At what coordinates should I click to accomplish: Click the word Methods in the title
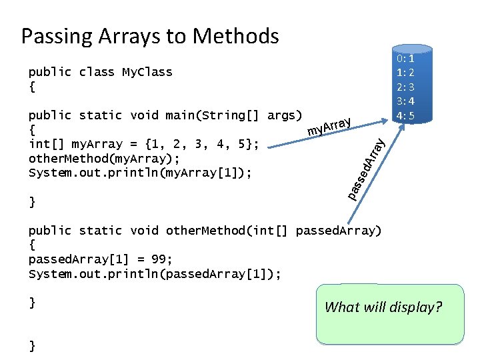point(237,35)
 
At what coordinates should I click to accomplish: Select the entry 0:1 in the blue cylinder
point(406,58)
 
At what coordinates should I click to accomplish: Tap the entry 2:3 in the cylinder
point(406,87)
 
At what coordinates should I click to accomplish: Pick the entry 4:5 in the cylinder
point(406,115)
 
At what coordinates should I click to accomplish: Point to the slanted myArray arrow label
point(329,125)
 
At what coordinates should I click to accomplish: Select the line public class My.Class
point(100,72)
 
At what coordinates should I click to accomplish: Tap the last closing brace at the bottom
point(32,345)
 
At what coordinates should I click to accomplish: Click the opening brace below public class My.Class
point(32,87)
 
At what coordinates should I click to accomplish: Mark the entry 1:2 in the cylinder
point(406,72)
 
